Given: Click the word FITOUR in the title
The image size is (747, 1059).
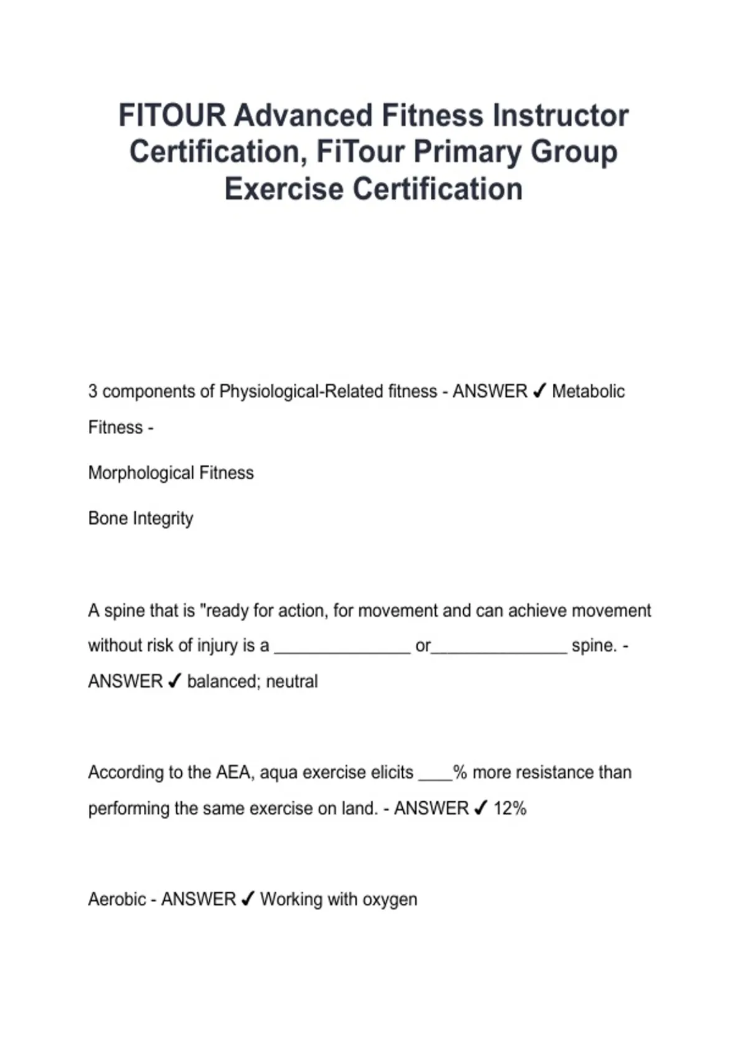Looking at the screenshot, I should [x=172, y=116].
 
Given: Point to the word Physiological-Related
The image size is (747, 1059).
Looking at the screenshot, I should [x=328, y=391].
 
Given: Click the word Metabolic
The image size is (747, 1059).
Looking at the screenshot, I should [x=588, y=391].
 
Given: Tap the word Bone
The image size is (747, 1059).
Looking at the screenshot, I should [x=108, y=518].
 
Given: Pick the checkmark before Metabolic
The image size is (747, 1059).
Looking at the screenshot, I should [x=540, y=391].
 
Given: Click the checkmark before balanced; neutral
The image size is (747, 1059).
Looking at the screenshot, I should [x=175, y=681].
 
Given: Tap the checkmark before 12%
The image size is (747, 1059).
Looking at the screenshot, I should [x=481, y=808].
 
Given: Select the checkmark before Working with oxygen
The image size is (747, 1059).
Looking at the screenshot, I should [x=248, y=899].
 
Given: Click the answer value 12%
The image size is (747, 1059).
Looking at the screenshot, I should [x=510, y=809].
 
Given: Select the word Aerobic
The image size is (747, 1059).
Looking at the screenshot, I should [x=116, y=900].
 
